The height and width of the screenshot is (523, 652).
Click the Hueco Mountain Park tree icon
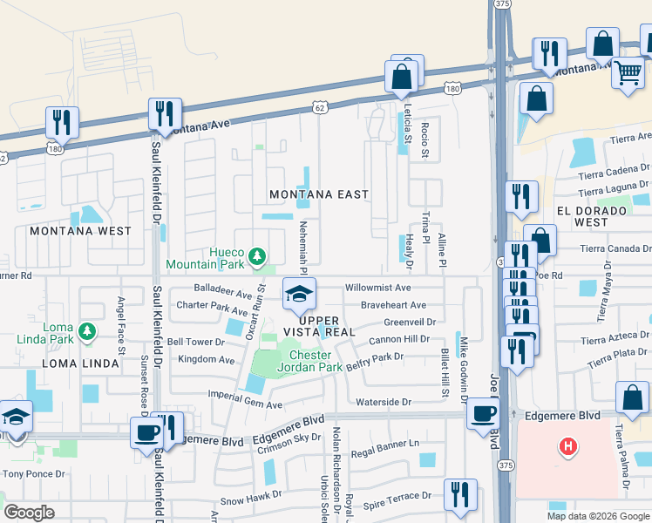[256, 256]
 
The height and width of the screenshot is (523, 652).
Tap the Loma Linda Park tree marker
[86, 330]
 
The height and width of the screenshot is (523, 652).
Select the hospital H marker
[568, 447]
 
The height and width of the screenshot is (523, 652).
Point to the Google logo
[30, 513]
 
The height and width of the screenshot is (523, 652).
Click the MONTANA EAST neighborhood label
[318, 194]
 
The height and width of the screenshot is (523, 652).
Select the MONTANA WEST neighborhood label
[80, 232]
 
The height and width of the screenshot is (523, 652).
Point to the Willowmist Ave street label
[377, 287]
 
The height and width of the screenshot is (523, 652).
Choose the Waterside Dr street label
[384, 402]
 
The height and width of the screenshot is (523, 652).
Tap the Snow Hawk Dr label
[251, 501]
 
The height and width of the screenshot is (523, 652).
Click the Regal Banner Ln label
[381, 454]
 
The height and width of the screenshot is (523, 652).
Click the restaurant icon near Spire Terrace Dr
[459, 494]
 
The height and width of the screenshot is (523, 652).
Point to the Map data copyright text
[597, 515]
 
